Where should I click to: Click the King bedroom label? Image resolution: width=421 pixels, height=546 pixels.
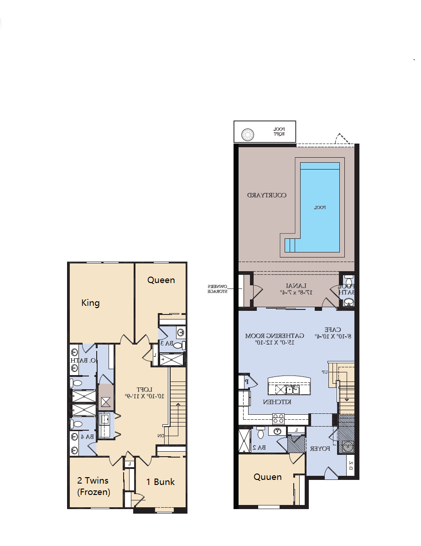click(90, 303)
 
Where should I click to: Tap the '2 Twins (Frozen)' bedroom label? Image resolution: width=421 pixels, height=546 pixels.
click(93, 486)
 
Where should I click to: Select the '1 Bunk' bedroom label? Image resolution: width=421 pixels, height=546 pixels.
click(160, 482)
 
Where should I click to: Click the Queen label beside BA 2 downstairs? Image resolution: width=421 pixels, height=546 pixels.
click(267, 477)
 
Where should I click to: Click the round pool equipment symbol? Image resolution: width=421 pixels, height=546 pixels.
click(248, 134)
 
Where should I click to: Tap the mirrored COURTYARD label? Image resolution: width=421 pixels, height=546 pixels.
click(267, 195)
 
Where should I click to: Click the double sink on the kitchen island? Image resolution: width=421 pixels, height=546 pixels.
click(292, 389)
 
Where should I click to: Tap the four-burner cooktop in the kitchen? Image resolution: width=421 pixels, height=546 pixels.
click(279, 418)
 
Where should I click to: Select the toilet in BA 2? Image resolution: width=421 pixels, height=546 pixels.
click(260, 432)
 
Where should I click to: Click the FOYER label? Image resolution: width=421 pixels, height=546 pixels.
click(320, 449)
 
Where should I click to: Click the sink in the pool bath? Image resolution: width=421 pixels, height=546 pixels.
click(348, 302)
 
